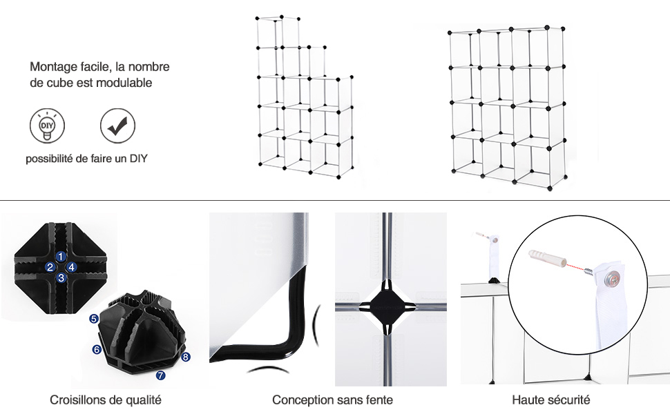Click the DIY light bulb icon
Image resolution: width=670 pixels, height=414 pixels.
48,126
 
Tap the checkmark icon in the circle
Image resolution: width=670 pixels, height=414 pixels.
117,126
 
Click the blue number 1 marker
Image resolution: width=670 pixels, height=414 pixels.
61,257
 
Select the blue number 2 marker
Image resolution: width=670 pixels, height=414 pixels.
50,267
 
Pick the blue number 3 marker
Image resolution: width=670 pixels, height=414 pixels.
61,278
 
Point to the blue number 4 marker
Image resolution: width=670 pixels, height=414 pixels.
72,267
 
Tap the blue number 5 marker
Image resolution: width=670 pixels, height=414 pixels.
94,319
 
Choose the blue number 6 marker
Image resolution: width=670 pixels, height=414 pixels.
97,350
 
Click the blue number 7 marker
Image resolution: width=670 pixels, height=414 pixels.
161,375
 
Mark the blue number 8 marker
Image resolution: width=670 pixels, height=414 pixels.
185,357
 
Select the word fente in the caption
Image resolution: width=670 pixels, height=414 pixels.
379,400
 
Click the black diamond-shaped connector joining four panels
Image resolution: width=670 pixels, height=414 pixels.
387,306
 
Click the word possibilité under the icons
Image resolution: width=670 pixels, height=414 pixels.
49,159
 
